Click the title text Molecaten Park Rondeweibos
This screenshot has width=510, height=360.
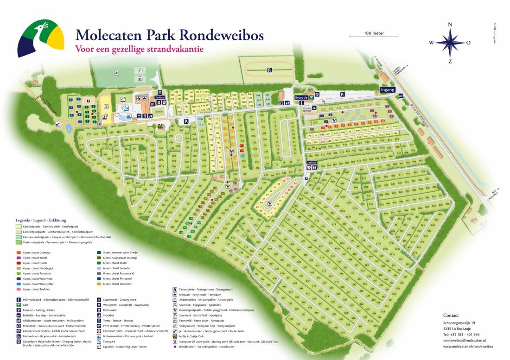[x=169, y=35]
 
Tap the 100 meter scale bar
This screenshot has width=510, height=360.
[x=374, y=35]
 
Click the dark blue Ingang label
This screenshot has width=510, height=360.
[x=387, y=89]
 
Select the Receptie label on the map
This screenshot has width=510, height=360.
[x=301, y=97]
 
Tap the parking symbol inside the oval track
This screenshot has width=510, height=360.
[x=268, y=70]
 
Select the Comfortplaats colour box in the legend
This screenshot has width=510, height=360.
[x=19, y=226]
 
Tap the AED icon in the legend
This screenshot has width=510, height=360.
[x=18, y=305]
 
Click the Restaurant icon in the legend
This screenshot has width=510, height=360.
[x=99, y=310]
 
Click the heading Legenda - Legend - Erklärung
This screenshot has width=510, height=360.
[x=41, y=220]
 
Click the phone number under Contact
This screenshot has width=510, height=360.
[x=461, y=334]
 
